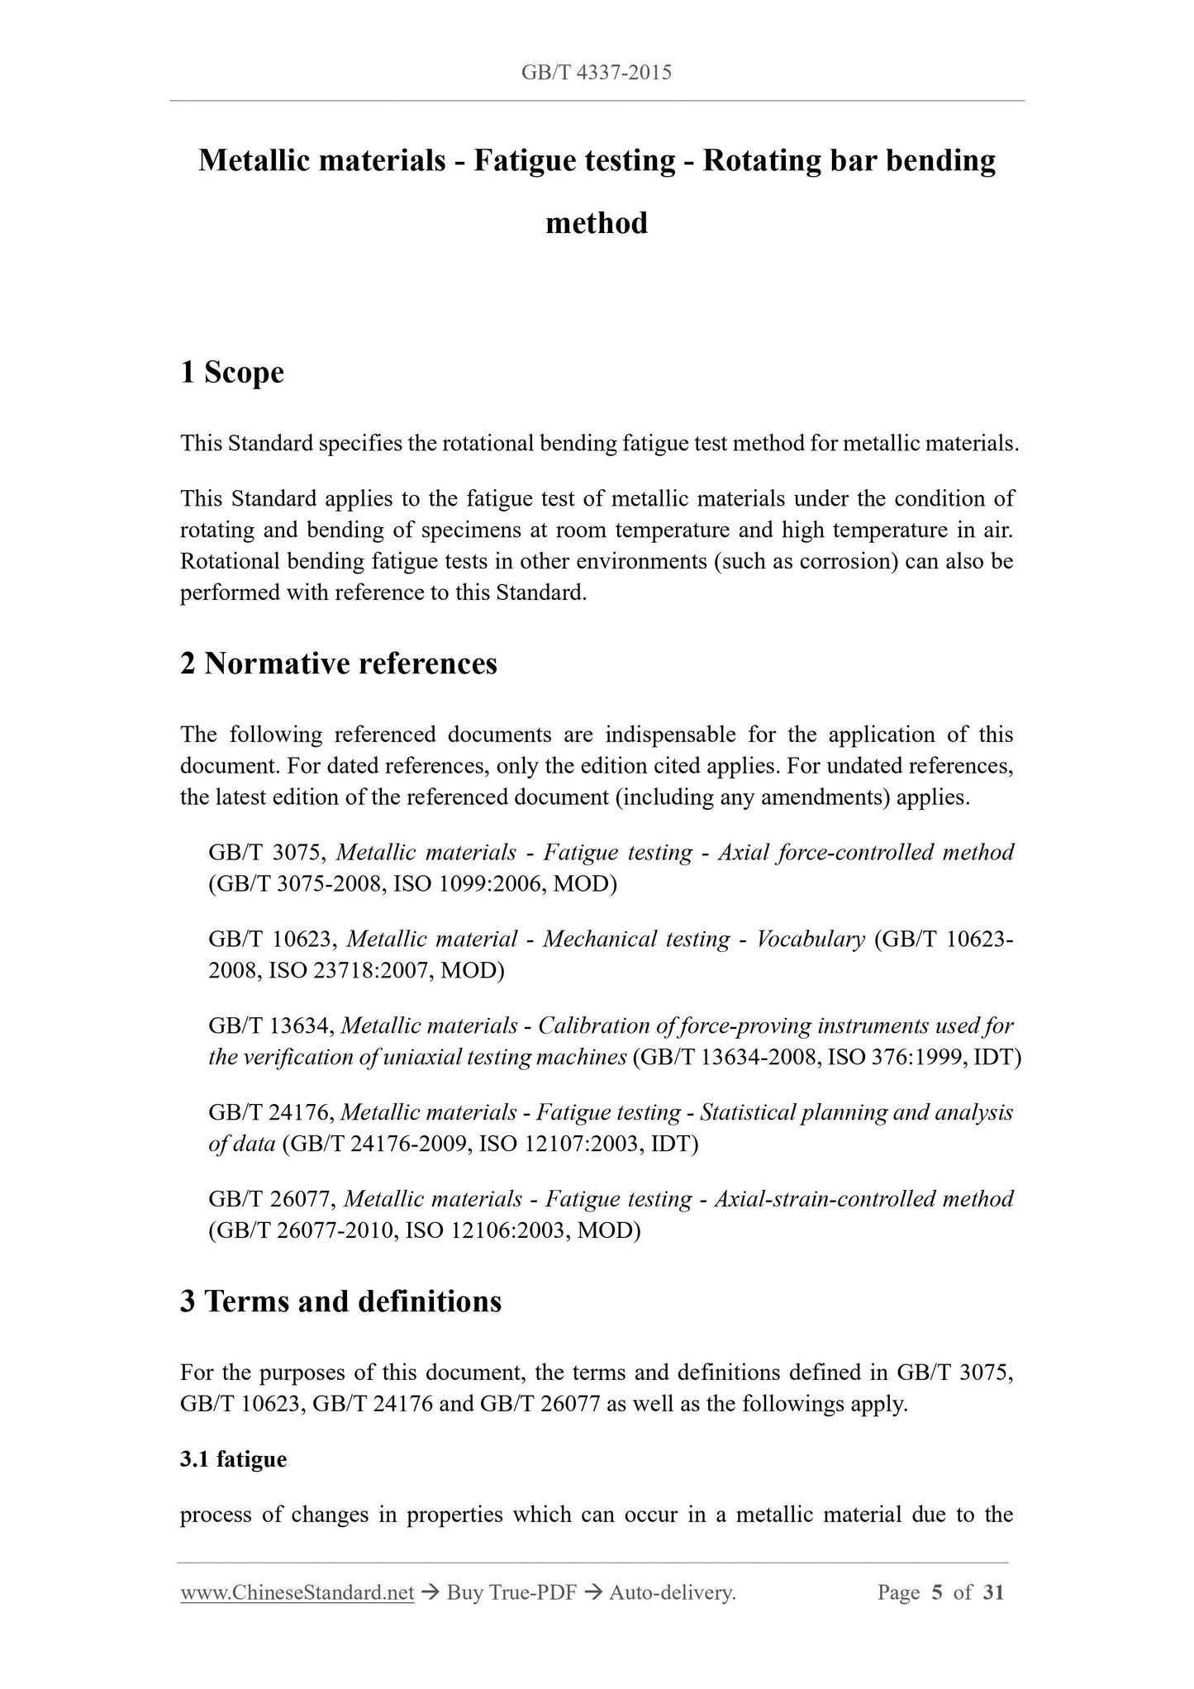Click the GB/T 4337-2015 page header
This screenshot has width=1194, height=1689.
point(596,73)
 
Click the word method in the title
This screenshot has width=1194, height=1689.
point(596,223)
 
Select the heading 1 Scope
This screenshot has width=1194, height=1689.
point(232,373)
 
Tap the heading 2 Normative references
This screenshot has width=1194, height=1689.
point(339,664)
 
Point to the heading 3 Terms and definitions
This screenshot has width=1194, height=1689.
point(340,1301)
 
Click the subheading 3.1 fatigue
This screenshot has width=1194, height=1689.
point(233,1459)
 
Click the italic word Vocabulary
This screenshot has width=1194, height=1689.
point(810,940)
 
